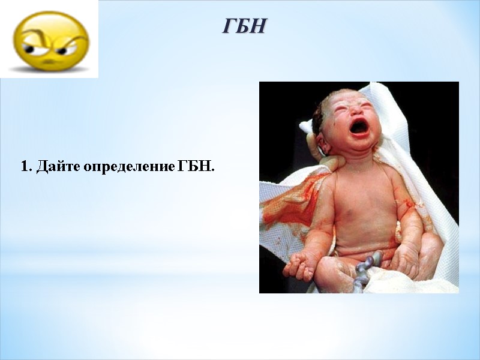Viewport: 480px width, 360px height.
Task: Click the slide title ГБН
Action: point(244,26)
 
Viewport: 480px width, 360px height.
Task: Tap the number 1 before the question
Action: point(25,166)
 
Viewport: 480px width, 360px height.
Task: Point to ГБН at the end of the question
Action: point(196,166)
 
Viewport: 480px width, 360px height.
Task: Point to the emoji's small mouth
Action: point(52,62)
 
